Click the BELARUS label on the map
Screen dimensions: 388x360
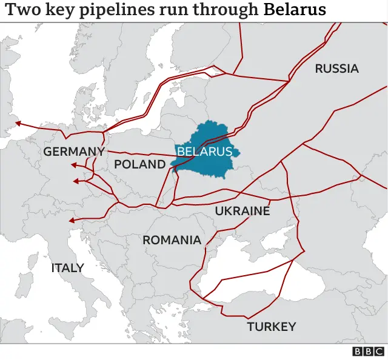point(204,152)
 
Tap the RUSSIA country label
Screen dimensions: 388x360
point(336,68)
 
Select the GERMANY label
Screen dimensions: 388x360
point(74,152)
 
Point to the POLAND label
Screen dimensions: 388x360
point(139,164)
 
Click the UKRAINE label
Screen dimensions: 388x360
point(242,211)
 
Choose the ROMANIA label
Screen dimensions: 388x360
point(172,240)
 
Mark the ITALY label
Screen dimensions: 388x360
point(67,267)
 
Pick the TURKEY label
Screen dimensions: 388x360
point(271,327)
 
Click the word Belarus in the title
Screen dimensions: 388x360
point(295,10)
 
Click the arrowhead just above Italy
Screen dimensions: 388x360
point(72,221)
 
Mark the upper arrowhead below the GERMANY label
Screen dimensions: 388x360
point(73,165)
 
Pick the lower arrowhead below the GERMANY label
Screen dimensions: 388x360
point(76,181)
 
